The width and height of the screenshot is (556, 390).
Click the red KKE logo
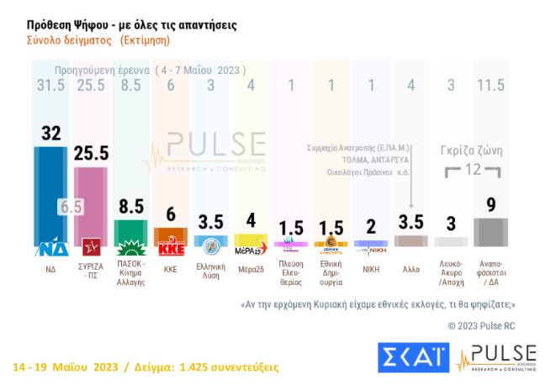tap(171, 249)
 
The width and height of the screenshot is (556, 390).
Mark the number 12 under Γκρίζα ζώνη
tap(471, 169)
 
